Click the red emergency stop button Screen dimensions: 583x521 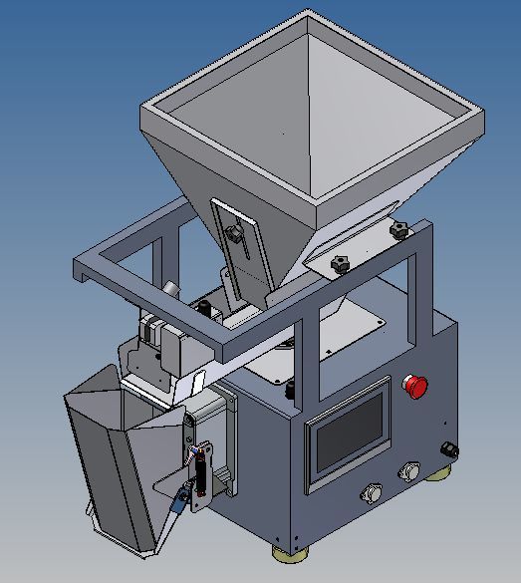pyautogui.click(x=413, y=386)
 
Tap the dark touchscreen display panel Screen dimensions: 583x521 pyautogui.click(x=348, y=437)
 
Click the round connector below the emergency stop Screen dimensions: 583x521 pyautogui.click(x=407, y=470)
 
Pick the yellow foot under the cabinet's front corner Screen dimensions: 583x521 pyautogui.click(x=288, y=550)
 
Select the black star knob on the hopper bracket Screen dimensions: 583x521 pyautogui.click(x=341, y=265)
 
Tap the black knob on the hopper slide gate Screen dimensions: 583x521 pyautogui.click(x=235, y=235)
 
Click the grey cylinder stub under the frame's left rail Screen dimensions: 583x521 pyautogui.click(x=171, y=288)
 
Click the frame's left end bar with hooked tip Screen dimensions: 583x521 pyautogui.click(x=84, y=267)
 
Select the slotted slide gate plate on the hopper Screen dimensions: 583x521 pyautogui.click(x=239, y=244)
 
